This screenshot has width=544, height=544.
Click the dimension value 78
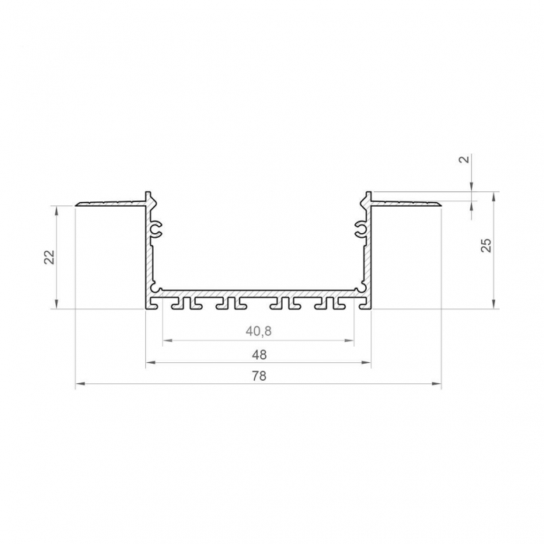point(259,376)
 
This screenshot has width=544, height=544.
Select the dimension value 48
point(259,354)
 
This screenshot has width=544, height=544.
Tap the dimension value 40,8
point(259,331)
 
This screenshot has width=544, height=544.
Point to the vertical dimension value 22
point(48,257)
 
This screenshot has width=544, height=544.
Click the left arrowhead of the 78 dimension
point(79,385)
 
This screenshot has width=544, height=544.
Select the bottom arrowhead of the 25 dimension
point(493,305)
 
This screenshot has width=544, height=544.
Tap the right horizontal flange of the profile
point(406,204)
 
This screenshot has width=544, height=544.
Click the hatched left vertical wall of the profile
point(149,264)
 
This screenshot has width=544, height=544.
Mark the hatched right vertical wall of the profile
point(367,264)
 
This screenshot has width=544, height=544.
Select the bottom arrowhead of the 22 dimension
point(58,305)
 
